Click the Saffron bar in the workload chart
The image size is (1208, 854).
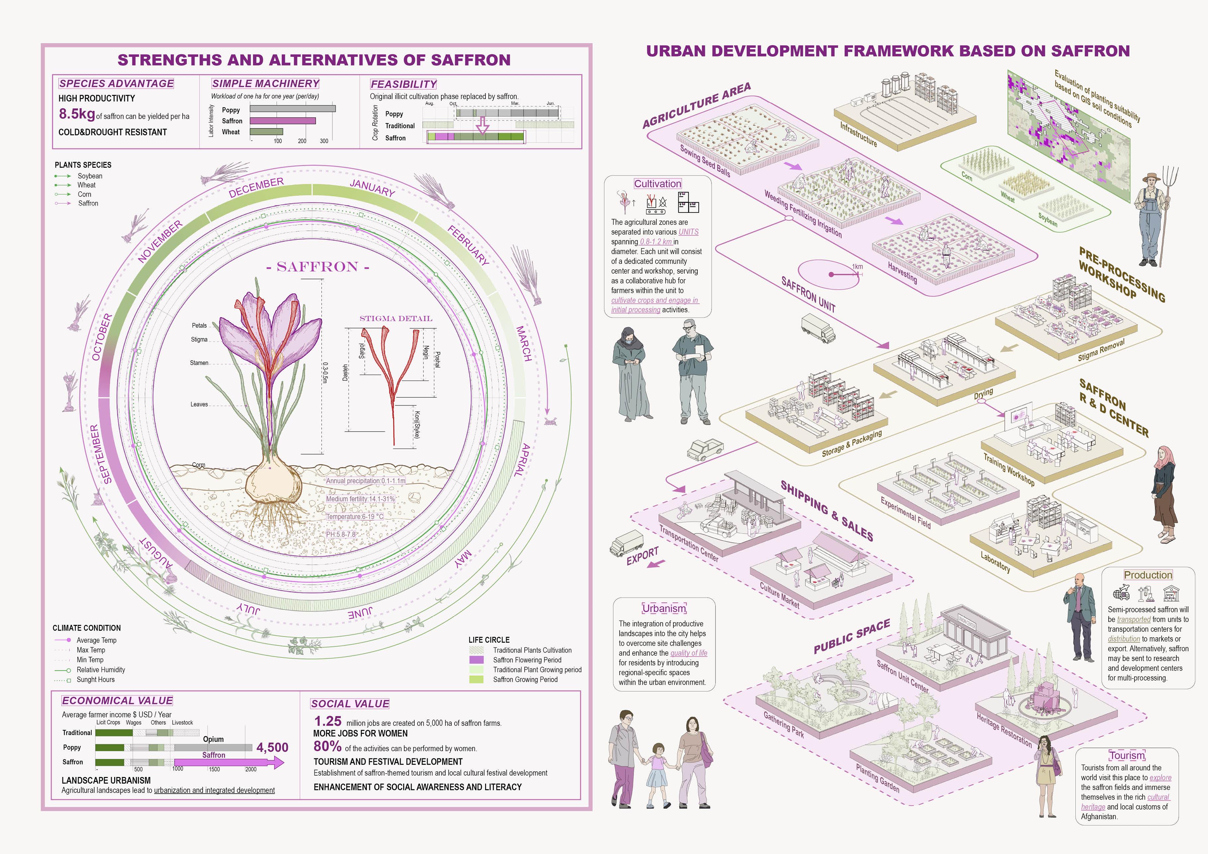pyautogui.click(x=283, y=121)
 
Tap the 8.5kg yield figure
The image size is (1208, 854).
pyautogui.click(x=77, y=114)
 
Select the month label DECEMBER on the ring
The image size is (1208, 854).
pyautogui.click(x=256, y=188)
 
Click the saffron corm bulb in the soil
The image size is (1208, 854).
pyautogui.click(x=274, y=481)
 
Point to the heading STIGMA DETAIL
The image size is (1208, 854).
pyautogui.click(x=396, y=318)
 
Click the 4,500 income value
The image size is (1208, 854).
pyautogui.click(x=272, y=748)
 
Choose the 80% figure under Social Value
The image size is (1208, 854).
pyautogui.click(x=327, y=747)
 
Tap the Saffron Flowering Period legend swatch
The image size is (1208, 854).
pyautogui.click(x=476, y=660)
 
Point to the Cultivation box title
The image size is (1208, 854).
pyautogui.click(x=657, y=184)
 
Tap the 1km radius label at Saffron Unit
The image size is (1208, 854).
pyautogui.click(x=858, y=267)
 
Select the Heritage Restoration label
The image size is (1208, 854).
pyautogui.click(x=1004, y=730)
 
